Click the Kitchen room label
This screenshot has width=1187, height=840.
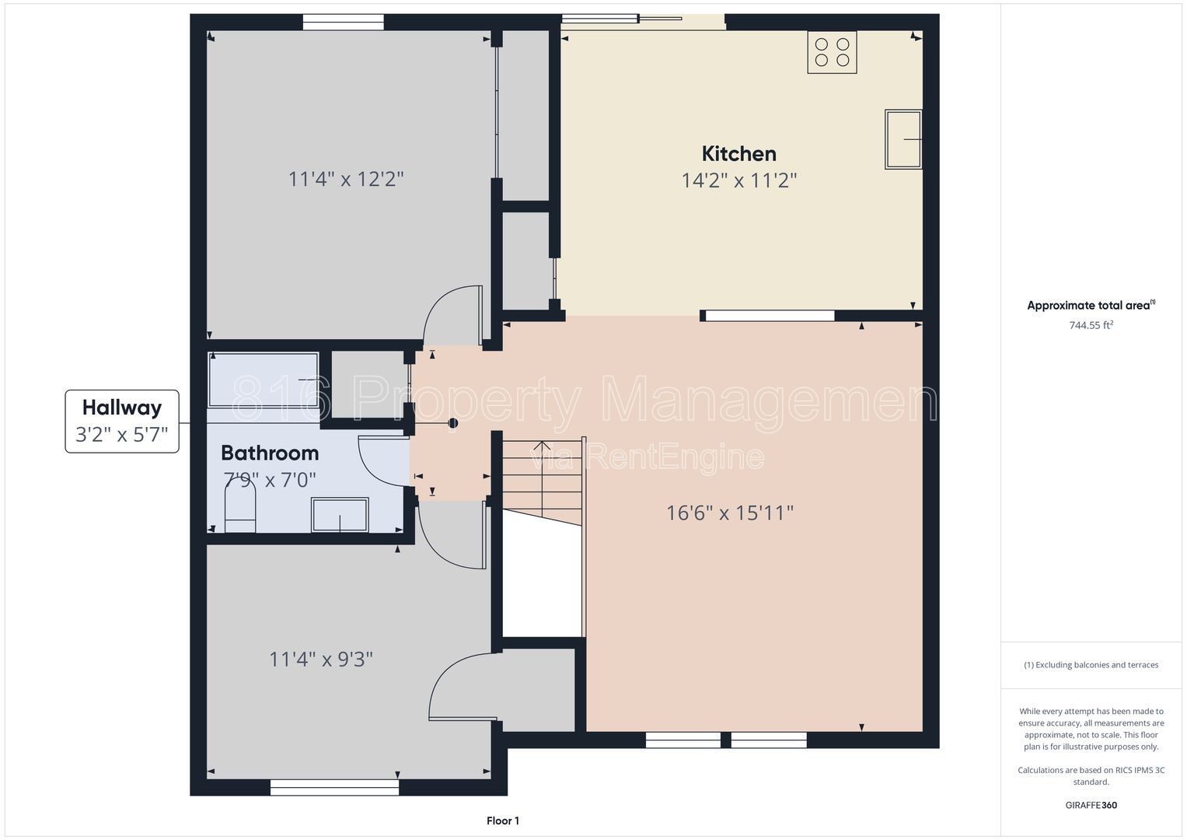(x=738, y=154)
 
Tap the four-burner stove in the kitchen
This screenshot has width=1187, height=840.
(x=832, y=52)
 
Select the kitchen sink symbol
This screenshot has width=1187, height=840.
(x=903, y=139)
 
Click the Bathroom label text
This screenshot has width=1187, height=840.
(x=270, y=453)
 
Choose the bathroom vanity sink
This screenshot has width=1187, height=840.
(x=340, y=514)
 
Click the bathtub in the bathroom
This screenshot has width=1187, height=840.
(x=264, y=380)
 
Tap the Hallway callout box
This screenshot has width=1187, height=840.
(x=122, y=422)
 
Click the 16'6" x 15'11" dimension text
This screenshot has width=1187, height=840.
(x=730, y=513)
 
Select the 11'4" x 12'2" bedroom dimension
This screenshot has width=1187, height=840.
(x=345, y=179)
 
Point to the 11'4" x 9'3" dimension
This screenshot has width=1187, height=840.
(x=321, y=660)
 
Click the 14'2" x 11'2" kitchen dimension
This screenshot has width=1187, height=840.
(x=738, y=180)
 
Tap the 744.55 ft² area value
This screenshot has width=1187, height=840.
(x=1091, y=325)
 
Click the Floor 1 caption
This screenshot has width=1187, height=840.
(x=503, y=821)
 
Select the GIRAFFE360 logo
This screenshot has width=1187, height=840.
(x=1091, y=805)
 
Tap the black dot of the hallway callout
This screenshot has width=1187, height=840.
(x=453, y=423)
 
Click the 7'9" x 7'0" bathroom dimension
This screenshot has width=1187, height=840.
(x=270, y=480)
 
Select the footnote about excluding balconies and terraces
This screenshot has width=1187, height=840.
(x=1091, y=665)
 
